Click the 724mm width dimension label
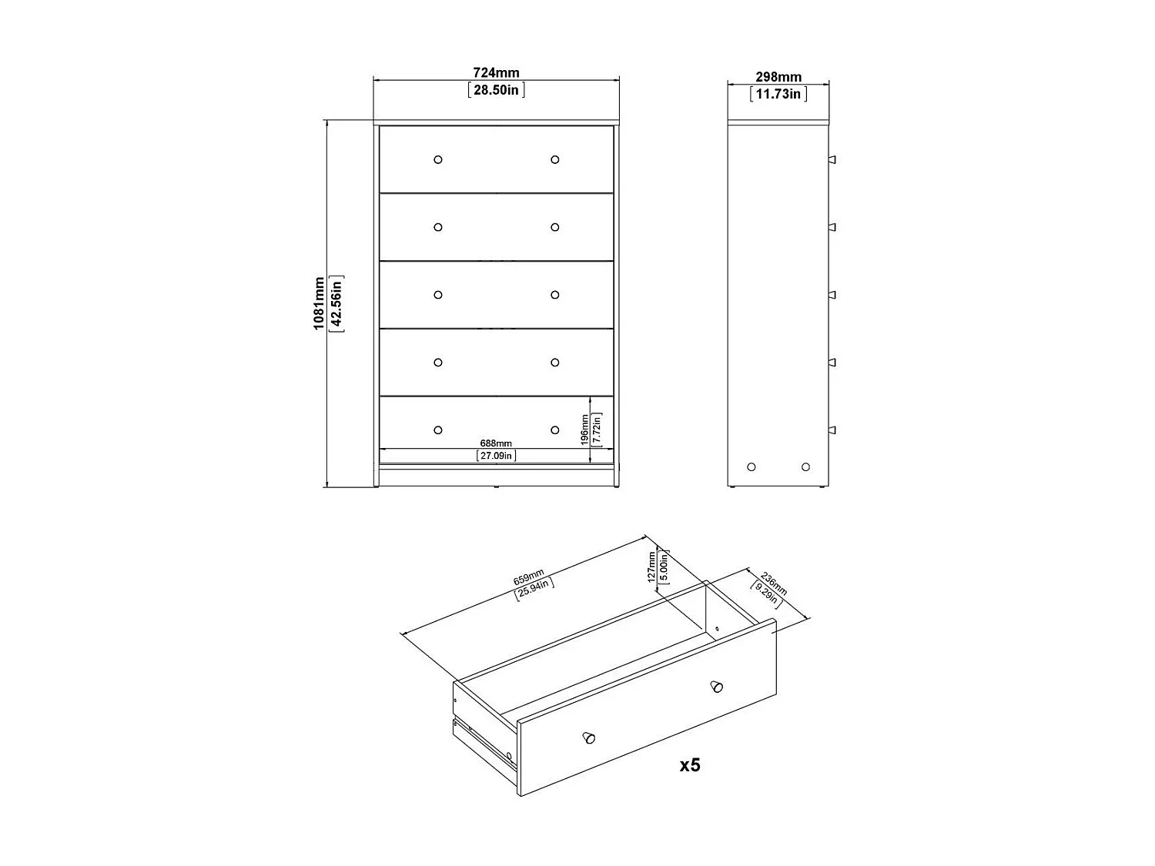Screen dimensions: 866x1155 click(x=496, y=73)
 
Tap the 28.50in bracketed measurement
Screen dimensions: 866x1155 click(x=497, y=90)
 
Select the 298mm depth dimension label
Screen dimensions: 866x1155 click(x=778, y=77)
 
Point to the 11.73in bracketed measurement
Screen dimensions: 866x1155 click(x=778, y=94)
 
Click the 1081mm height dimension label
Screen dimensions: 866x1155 click(x=319, y=303)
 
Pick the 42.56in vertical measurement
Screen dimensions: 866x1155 click(x=336, y=303)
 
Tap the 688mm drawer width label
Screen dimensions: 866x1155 click(x=496, y=443)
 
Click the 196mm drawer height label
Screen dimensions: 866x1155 click(x=585, y=430)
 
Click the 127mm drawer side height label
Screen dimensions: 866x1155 click(x=652, y=566)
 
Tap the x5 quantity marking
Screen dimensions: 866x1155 click(x=690, y=765)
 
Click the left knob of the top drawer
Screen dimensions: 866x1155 click(x=438, y=159)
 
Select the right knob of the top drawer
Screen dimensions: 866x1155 click(x=554, y=159)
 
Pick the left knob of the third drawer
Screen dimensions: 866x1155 click(x=438, y=295)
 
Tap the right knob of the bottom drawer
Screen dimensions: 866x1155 click(x=554, y=430)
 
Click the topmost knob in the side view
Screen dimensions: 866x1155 click(x=832, y=159)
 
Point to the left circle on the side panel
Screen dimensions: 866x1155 click(x=752, y=466)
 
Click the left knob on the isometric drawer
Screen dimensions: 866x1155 click(x=589, y=737)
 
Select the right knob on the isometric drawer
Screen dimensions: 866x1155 click(x=717, y=685)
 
